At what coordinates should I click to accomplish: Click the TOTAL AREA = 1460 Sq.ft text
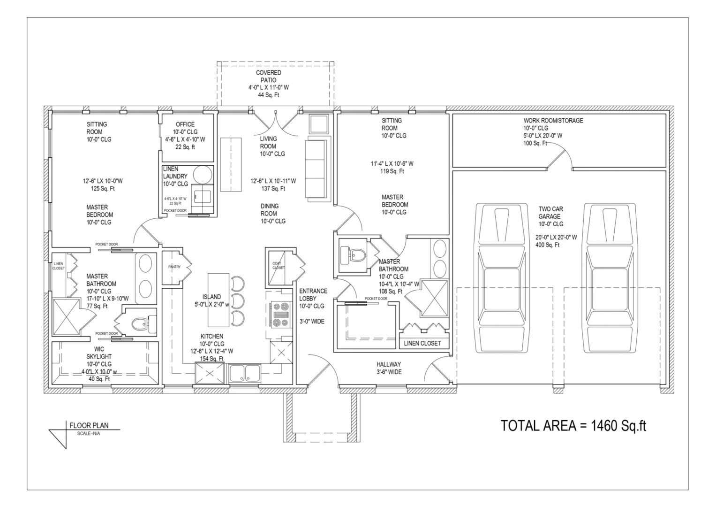(573, 426)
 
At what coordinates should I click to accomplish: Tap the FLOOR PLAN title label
(89, 426)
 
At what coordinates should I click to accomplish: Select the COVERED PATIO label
(269, 77)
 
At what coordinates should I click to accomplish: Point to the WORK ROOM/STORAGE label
(553, 121)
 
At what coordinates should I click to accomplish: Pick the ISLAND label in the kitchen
(211, 297)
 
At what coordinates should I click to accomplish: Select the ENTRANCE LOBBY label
(313, 295)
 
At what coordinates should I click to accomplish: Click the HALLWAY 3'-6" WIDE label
(389, 368)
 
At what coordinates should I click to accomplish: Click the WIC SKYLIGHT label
(98, 353)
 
